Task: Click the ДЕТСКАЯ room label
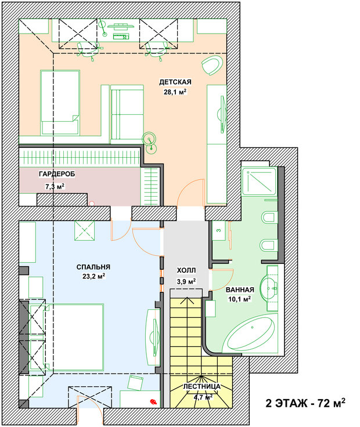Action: (175, 82)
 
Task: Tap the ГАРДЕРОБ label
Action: (57, 174)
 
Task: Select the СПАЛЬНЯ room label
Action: (93, 267)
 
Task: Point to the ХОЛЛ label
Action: (186, 270)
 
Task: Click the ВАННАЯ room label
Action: (240, 290)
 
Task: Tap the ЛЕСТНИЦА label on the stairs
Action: (201, 387)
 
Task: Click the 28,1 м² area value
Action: (175, 92)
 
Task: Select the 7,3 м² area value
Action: (55, 187)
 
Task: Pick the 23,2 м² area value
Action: (93, 276)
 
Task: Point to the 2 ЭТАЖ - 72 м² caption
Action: (305, 403)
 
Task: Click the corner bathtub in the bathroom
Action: (251, 334)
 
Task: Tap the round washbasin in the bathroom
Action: (269, 288)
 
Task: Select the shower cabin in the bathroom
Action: (259, 181)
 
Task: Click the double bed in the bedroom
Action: (75, 338)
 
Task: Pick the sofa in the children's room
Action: (127, 114)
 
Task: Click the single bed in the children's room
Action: (60, 102)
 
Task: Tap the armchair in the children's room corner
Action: (212, 65)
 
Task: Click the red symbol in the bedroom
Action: (153, 401)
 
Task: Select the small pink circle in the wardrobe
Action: (92, 203)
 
